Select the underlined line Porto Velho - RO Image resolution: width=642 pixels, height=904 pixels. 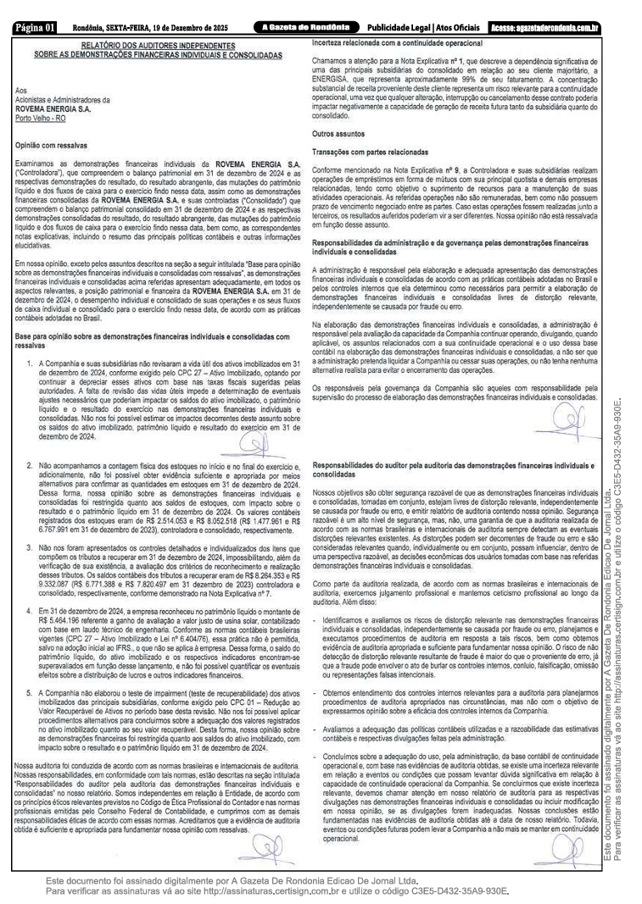coord(40,118)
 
